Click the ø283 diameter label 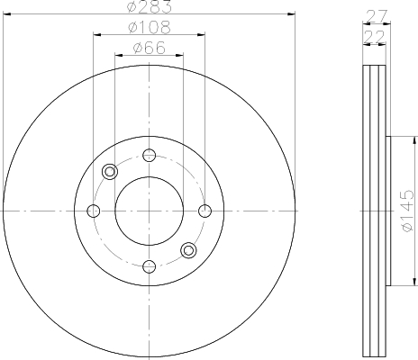pyautogui.click(x=150, y=6)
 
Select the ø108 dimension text pyautogui.click(x=150, y=27)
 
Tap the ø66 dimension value pyautogui.click(x=150, y=48)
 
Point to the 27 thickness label pyautogui.click(x=377, y=16)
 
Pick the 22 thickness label pyautogui.click(x=374, y=37)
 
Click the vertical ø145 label pyautogui.click(x=407, y=211)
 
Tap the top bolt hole pyautogui.click(x=150, y=155)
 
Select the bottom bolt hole pyautogui.click(x=150, y=266)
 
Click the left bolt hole pyautogui.click(x=94, y=211)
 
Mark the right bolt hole pyautogui.click(x=205, y=211)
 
